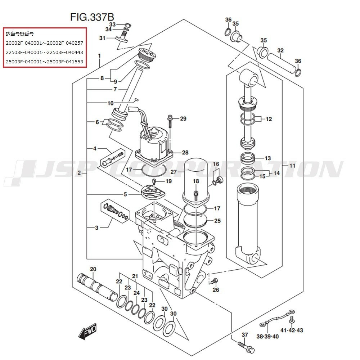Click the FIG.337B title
tap(92, 17)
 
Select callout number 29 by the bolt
tap(183, 119)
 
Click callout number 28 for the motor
tap(185, 153)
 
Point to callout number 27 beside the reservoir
tap(174, 172)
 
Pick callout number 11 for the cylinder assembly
tap(292, 166)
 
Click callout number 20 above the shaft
tap(93, 269)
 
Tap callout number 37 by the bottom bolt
tap(245, 335)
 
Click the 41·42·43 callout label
tap(292, 330)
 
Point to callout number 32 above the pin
tap(280, 50)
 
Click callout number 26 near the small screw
tap(216, 290)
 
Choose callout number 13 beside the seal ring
tap(267, 158)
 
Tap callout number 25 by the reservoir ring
tap(217, 221)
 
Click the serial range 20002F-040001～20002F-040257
tap(44, 43)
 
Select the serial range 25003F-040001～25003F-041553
tap(44, 62)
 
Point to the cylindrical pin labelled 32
tap(280, 62)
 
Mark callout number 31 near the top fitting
tap(102, 38)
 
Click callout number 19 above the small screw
tap(168, 181)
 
